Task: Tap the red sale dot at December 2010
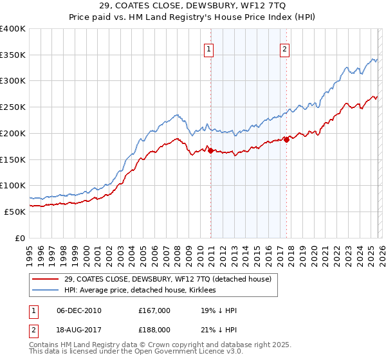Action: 210,150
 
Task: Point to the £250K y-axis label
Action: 14,107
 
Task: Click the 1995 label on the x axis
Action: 29,251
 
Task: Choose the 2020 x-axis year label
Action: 313,251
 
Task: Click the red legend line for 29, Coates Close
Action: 46,279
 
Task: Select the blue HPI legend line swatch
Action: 46,290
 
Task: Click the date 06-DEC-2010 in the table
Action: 80,310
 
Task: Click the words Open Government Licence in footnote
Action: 124,352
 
